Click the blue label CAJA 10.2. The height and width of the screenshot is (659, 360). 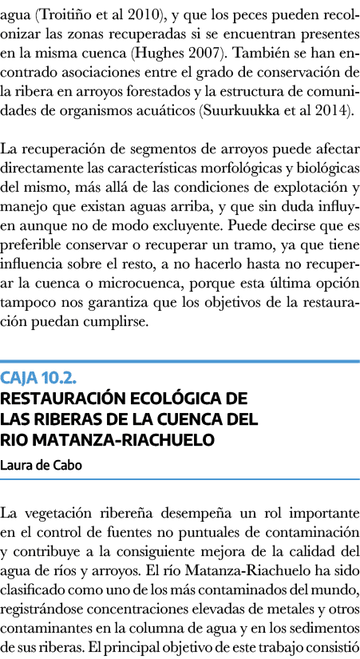[38, 378]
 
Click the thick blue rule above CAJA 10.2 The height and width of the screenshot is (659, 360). [180, 361]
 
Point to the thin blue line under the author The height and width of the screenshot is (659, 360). [180, 479]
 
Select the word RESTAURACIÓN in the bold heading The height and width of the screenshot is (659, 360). [61, 399]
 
